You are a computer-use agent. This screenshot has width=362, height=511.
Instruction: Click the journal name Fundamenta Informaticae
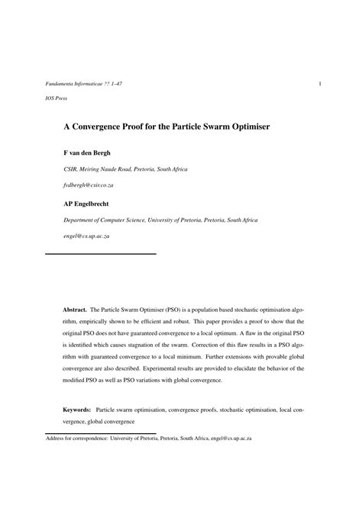coord(67,83)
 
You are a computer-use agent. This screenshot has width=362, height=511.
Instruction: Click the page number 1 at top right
coord(319,83)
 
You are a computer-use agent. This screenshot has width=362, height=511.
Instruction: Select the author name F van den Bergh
coord(86,152)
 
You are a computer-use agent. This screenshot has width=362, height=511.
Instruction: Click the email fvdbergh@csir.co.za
coord(89,185)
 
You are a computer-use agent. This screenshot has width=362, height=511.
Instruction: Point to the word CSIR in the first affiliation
coord(71,169)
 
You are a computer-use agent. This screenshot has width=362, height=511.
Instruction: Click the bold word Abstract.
coord(75,310)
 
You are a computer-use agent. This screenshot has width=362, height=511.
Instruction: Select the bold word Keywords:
coord(77,410)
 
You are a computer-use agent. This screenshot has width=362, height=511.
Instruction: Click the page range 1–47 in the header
coord(123,83)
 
